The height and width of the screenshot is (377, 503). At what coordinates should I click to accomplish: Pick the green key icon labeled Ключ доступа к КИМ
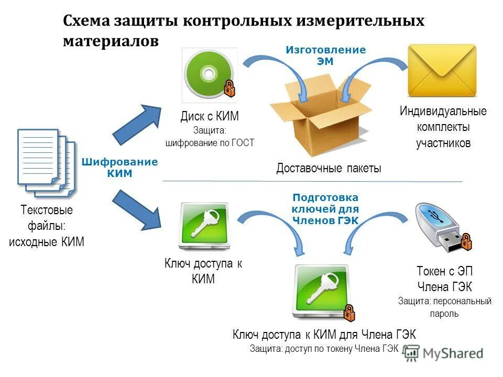click(x=204, y=225)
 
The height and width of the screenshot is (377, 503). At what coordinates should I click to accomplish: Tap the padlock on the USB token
click(x=466, y=242)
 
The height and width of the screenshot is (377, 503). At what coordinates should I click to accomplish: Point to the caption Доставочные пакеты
click(x=329, y=169)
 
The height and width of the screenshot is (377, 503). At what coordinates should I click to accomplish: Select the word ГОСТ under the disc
click(x=243, y=142)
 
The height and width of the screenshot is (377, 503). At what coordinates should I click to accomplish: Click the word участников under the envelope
click(x=443, y=142)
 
